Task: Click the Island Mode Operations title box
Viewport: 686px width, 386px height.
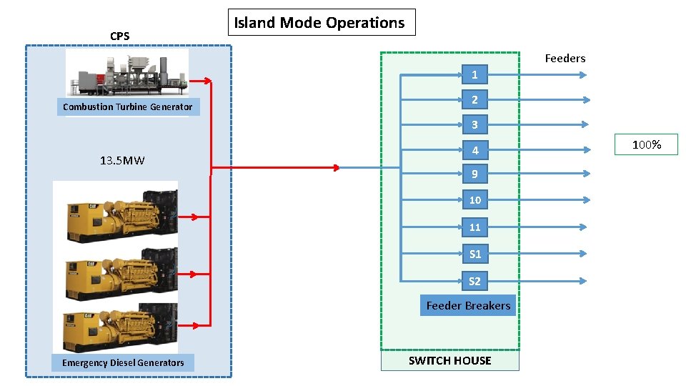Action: [x=320, y=22]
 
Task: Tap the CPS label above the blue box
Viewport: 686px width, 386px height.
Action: [x=120, y=36]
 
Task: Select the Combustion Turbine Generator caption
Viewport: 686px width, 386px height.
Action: [x=127, y=107]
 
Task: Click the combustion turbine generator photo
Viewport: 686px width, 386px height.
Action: [x=127, y=73]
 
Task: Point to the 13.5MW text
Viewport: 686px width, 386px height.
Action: [x=122, y=160]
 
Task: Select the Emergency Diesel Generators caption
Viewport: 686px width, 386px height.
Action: [x=123, y=362]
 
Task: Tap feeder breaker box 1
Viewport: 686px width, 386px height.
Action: [x=474, y=74]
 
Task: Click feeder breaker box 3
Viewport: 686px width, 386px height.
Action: [x=474, y=125]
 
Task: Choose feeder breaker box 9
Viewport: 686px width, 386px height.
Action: [x=474, y=174]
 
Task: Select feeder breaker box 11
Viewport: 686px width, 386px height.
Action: [x=474, y=227]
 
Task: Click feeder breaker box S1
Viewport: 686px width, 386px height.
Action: [x=474, y=254]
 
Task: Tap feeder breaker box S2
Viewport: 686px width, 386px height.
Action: [x=474, y=281]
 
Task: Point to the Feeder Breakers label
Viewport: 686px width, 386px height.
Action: [x=468, y=305]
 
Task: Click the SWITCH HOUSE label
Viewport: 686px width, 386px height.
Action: [x=449, y=360]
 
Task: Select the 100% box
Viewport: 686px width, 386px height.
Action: [x=647, y=145]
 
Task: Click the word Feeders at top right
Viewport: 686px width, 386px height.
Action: [x=565, y=59]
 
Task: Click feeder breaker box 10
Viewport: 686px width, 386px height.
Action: [x=474, y=200]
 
